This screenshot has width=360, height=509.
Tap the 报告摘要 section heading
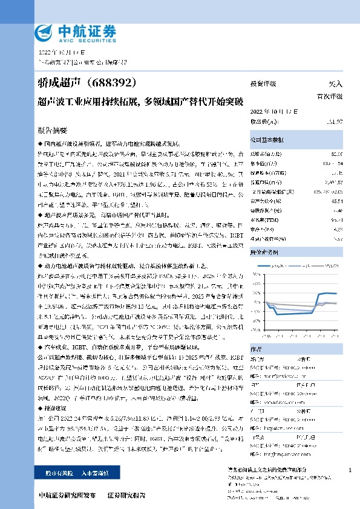coord(54,130)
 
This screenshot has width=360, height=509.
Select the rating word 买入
coord(335,85)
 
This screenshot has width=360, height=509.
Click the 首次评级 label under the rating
coord(330,96)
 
